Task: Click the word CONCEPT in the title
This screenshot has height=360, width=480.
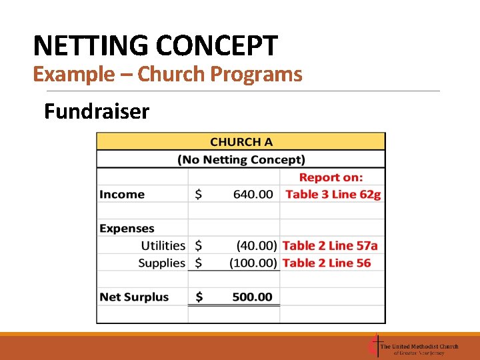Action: point(217,46)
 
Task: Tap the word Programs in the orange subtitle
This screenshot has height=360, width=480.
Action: point(256,74)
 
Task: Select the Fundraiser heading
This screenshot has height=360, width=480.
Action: point(97,111)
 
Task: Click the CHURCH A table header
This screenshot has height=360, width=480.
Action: point(241,142)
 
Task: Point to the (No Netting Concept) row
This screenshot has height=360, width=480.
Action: point(241,159)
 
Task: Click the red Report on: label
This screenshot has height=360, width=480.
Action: point(331,177)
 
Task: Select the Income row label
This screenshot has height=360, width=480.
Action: point(122,195)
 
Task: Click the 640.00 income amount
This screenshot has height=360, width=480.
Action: point(253,195)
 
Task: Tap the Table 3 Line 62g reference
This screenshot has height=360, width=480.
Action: point(333,195)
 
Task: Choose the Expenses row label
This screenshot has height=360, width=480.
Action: point(127,229)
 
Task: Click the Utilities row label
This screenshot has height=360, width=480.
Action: point(163,246)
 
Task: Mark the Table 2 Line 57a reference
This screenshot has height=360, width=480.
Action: point(330,246)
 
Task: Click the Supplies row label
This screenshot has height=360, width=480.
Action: point(161,263)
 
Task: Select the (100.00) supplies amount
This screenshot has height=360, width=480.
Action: point(253,263)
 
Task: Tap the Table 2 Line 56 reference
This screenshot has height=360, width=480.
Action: point(327,263)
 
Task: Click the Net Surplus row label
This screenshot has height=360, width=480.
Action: point(134,297)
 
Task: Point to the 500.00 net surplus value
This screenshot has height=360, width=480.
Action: point(252,297)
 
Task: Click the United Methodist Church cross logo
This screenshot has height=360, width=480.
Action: point(375,347)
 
